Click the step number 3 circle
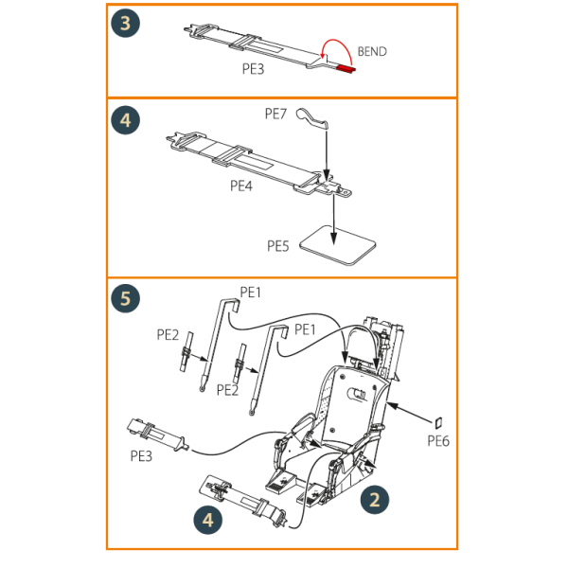[125, 23]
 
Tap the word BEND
[372, 52]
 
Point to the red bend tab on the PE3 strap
[346, 69]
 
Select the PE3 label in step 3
[253, 69]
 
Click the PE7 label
[275, 114]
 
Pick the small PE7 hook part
[312, 118]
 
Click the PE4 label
[241, 186]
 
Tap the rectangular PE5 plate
[338, 245]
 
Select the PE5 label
[277, 246]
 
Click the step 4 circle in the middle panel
[125, 120]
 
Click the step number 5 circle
[125, 298]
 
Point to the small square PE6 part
[438, 422]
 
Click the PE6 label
[438, 441]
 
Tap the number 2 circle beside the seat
[375, 500]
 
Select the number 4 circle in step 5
[208, 520]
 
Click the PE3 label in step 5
[141, 456]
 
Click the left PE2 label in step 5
[168, 335]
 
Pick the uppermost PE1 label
[250, 292]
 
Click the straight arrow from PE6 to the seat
[410, 412]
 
